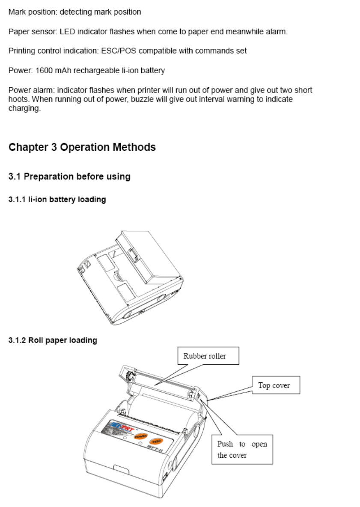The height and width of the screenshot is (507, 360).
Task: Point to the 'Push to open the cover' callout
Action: (x=242, y=450)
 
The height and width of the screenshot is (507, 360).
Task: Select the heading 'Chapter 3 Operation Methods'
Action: (x=82, y=147)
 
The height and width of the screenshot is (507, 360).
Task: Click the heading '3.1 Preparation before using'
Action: (x=69, y=176)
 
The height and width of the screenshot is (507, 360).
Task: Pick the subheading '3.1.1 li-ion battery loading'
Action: (x=57, y=199)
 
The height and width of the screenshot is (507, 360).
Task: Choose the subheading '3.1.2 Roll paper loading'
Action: (x=53, y=340)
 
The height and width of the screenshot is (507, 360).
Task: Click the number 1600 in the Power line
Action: (x=44, y=70)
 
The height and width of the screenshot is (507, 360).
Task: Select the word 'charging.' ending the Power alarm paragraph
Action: (x=24, y=108)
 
